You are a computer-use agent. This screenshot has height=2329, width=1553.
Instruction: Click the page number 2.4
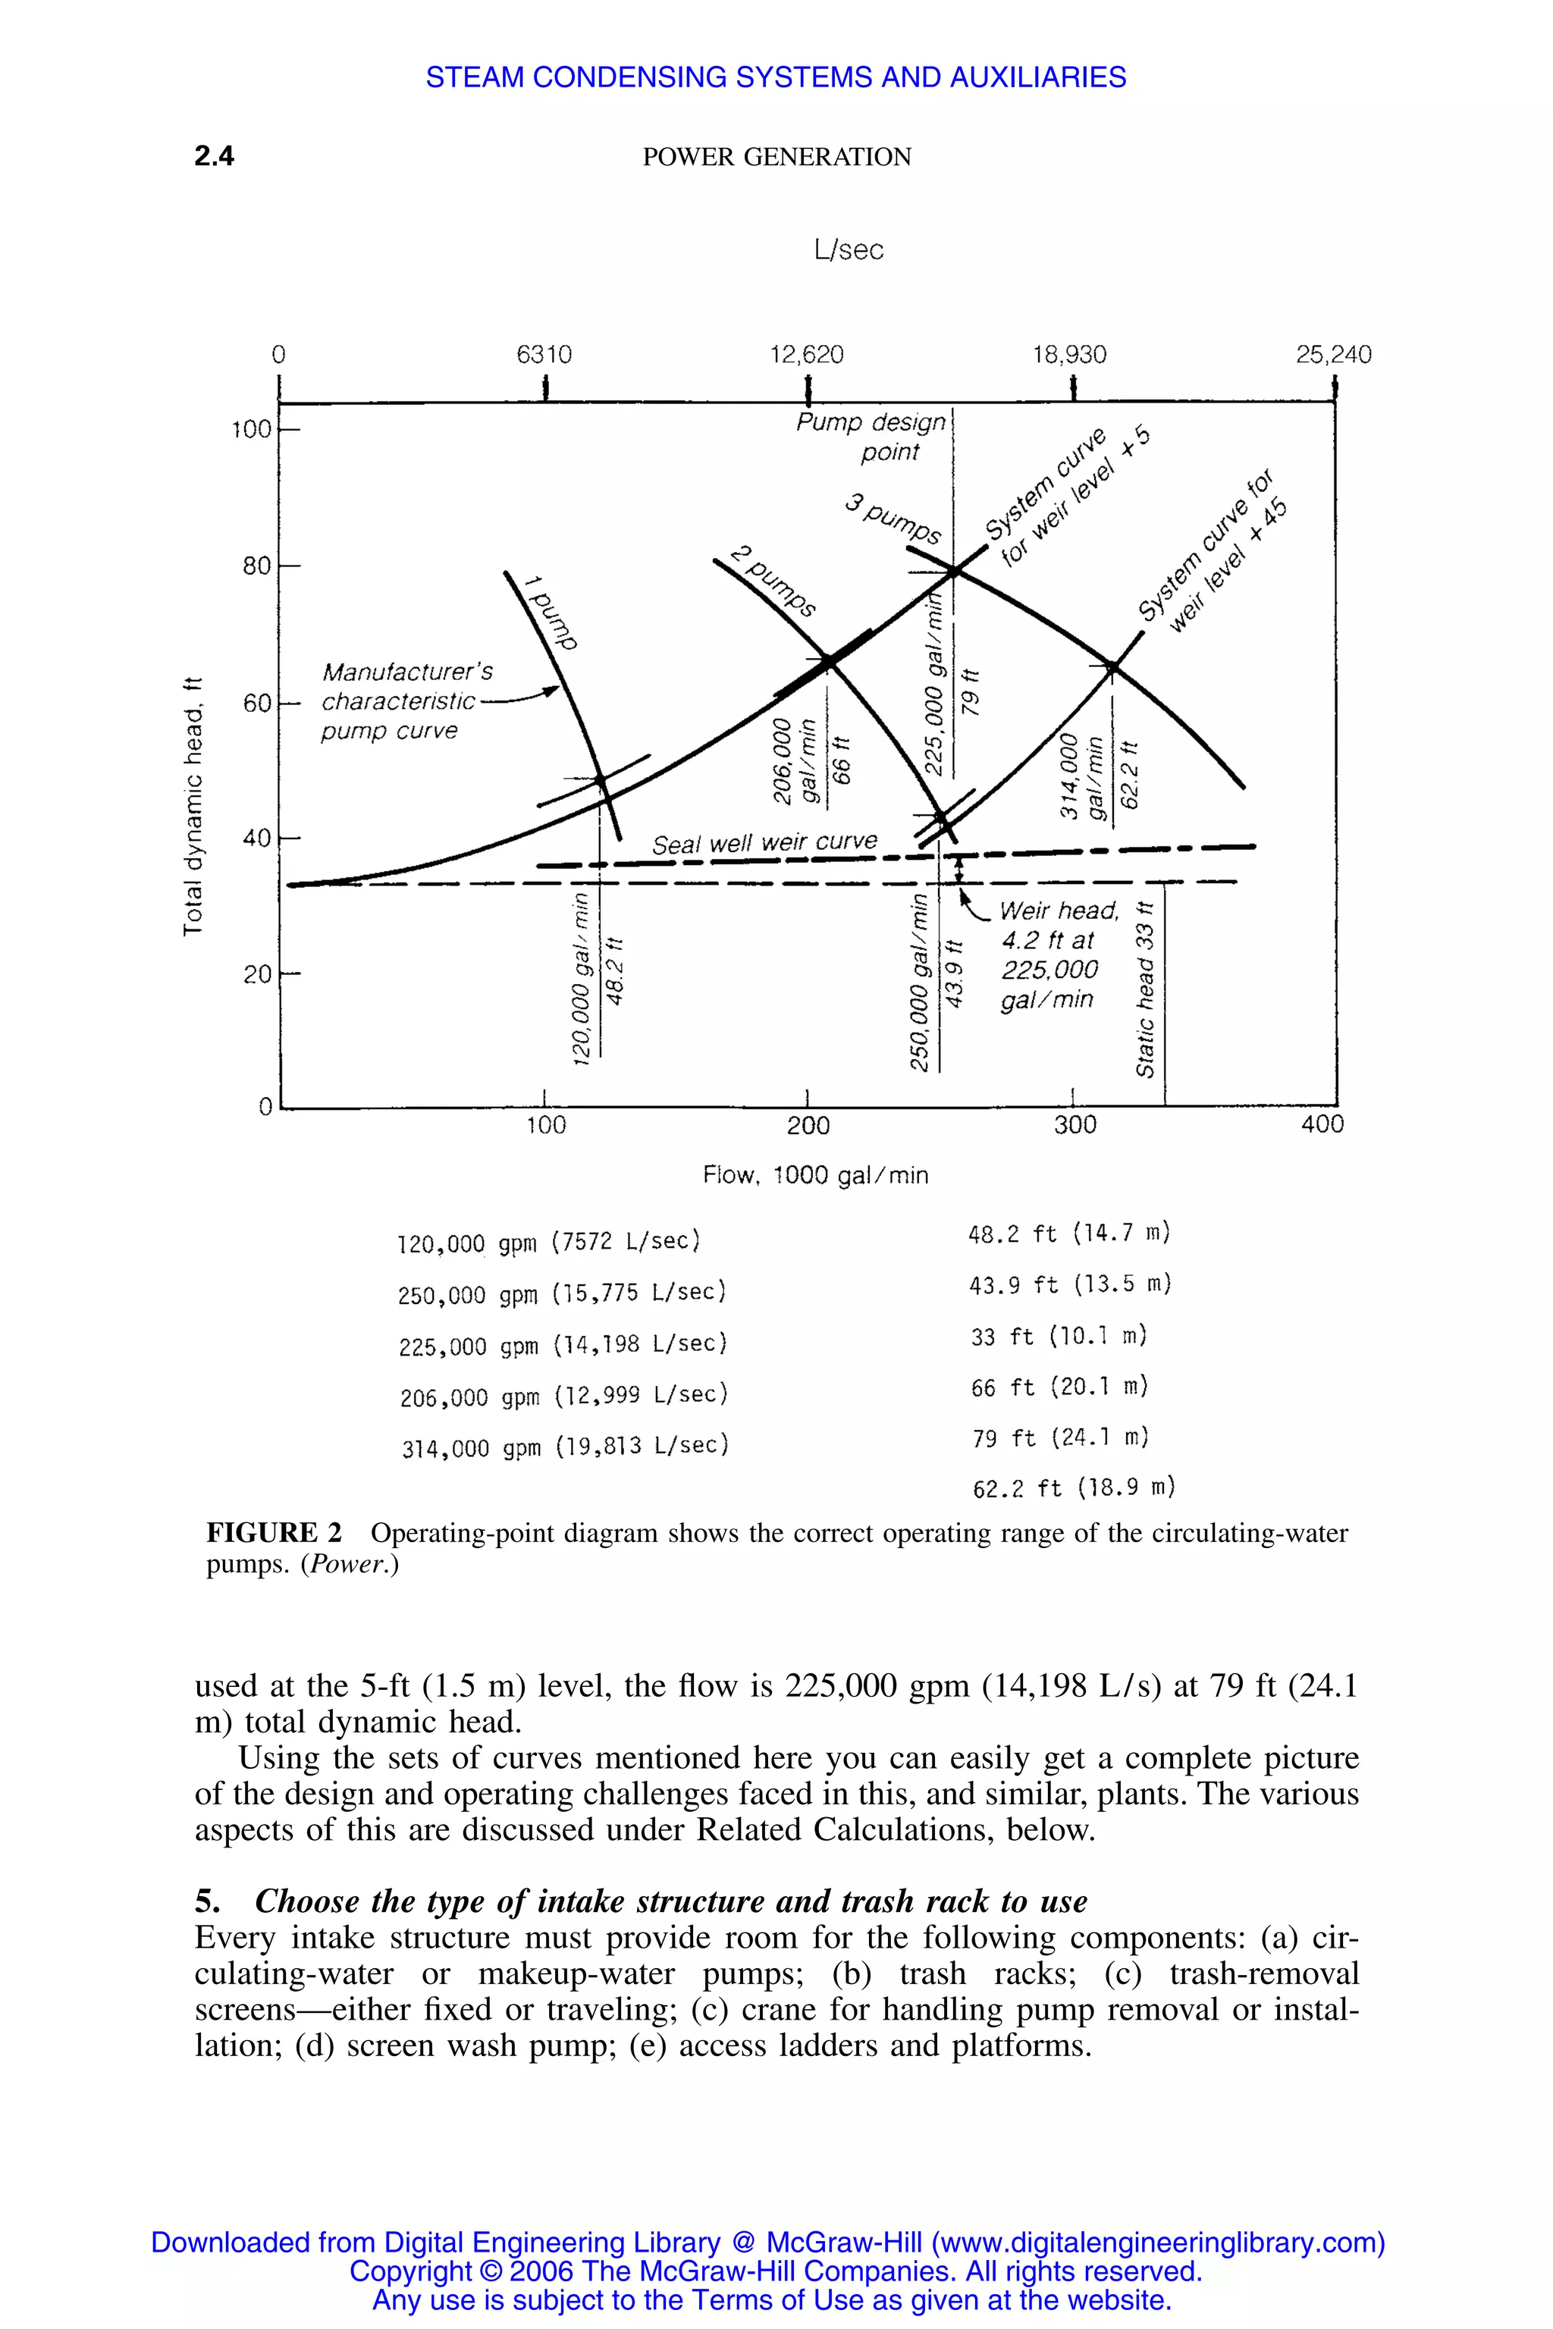tap(214, 156)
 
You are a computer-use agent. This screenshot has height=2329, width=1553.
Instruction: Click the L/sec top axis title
tap(848, 249)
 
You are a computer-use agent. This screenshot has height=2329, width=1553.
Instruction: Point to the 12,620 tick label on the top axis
tap(806, 355)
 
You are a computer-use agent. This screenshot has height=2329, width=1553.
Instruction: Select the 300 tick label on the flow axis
tap(1075, 1125)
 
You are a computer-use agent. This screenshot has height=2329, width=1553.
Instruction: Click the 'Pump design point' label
tap(871, 437)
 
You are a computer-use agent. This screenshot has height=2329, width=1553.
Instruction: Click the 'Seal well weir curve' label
tap(764, 843)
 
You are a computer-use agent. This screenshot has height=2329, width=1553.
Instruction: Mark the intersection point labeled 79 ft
tap(954, 572)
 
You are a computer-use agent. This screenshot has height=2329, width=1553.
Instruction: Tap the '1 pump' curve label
tap(552, 612)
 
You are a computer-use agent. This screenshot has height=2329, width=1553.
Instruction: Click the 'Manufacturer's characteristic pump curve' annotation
tap(406, 701)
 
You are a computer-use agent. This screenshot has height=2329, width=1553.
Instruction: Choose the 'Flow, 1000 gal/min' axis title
tap(815, 1175)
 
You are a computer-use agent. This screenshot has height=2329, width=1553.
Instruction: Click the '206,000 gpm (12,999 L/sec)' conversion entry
tap(563, 1396)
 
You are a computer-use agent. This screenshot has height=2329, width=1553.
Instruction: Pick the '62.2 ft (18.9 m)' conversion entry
tap(1073, 1487)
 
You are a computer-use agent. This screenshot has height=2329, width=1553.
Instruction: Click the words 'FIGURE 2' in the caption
tap(273, 1533)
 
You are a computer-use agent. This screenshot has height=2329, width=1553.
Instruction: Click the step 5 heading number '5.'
tap(207, 1901)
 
